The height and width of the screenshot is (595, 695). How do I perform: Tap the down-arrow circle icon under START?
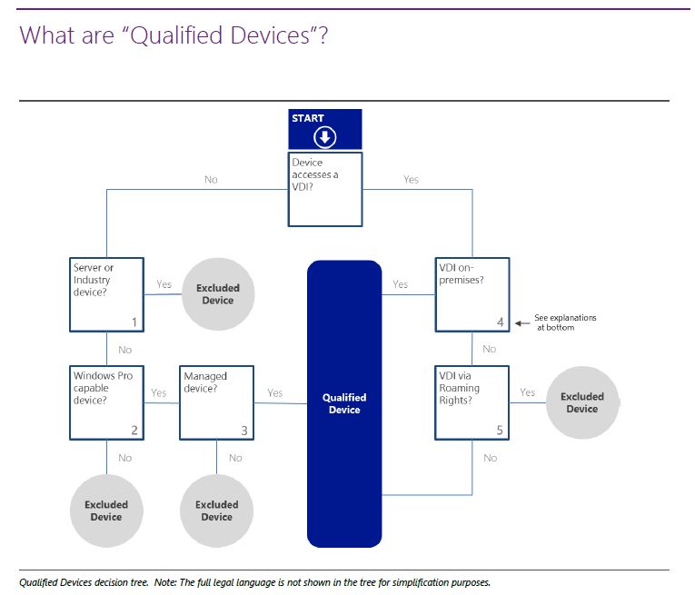point(325,137)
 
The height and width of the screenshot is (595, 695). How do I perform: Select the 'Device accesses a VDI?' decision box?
point(325,189)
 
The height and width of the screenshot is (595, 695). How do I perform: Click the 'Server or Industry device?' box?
point(107,295)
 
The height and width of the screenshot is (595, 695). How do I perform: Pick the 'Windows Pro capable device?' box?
point(107,402)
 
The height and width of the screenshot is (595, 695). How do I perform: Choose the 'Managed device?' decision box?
point(216,402)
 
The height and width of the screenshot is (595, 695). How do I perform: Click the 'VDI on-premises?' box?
point(472,295)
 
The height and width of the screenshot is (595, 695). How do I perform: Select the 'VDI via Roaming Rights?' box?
point(472,402)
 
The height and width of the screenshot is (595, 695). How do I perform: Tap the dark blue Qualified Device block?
point(344,402)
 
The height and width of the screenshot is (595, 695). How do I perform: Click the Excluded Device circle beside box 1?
point(217,294)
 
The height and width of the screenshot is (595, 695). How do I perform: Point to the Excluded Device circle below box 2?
point(106,511)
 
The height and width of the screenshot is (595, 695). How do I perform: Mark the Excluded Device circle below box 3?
point(216,511)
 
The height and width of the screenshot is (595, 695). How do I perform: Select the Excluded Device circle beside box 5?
point(581,402)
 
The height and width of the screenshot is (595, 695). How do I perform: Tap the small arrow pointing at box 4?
point(521,322)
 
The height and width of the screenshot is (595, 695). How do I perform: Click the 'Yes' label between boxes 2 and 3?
point(159,393)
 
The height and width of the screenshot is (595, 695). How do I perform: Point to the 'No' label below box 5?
point(491,458)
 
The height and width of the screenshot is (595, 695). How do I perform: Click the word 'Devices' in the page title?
point(272,35)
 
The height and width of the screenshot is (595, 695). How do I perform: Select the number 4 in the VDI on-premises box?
point(500,322)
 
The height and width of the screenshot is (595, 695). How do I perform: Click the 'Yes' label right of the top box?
point(411,180)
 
